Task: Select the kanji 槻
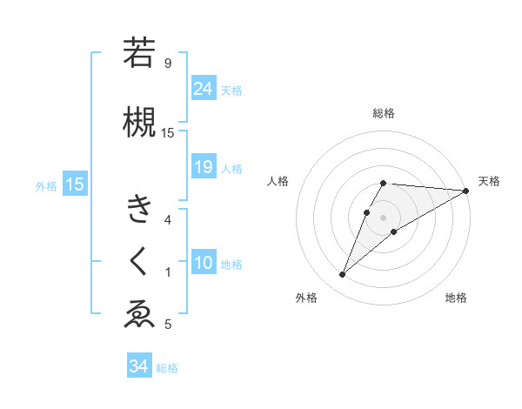click(x=138, y=121)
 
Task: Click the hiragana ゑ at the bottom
click(x=138, y=314)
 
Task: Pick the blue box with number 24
click(x=204, y=89)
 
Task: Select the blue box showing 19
click(x=204, y=167)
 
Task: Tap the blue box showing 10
click(x=204, y=263)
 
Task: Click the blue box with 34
click(x=138, y=366)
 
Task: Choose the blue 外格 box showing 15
click(x=74, y=184)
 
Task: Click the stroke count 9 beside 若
click(x=167, y=63)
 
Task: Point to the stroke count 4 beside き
click(x=167, y=219)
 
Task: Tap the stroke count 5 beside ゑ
click(x=167, y=325)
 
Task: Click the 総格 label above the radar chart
click(x=384, y=113)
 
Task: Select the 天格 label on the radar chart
click(x=489, y=181)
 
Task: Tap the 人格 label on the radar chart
click(x=278, y=181)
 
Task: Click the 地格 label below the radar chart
click(x=456, y=298)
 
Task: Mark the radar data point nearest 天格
click(x=466, y=191)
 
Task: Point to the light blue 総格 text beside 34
click(x=167, y=368)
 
